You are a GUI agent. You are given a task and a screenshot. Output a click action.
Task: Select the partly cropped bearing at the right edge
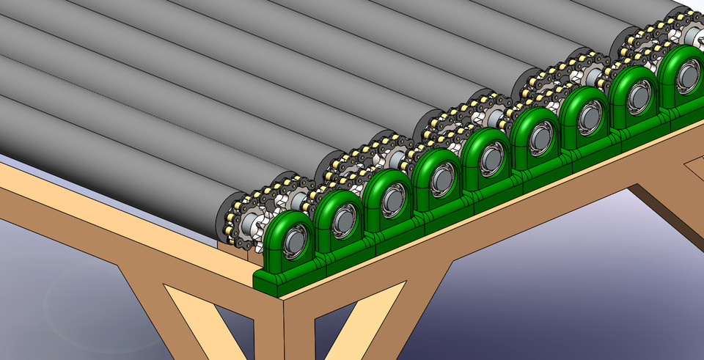click(682, 73)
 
